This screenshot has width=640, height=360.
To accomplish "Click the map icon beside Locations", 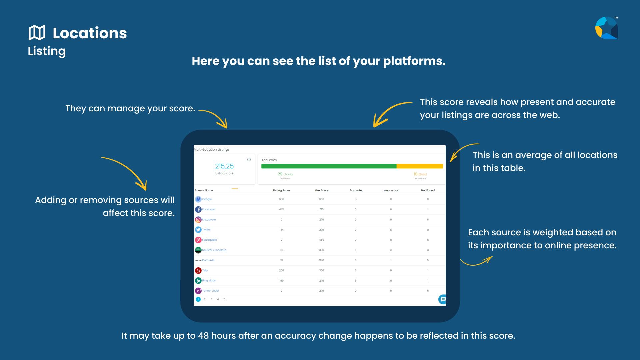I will (x=37, y=33).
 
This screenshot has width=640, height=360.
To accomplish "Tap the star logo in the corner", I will (x=606, y=28).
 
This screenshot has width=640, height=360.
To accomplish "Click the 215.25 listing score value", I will (x=224, y=166).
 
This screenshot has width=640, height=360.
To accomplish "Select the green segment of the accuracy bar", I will (x=329, y=166).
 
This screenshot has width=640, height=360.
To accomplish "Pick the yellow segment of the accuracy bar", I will (x=420, y=166).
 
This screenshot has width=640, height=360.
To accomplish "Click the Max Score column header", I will (x=321, y=190).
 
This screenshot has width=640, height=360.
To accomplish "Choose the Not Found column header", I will (x=428, y=190).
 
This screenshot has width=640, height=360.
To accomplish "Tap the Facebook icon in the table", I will (x=198, y=209).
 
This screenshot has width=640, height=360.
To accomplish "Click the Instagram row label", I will (x=209, y=220).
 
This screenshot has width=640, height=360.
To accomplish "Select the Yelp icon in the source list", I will (x=198, y=270).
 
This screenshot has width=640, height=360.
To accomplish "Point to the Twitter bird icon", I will (x=198, y=230).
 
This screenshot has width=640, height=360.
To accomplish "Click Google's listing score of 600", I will (x=281, y=199).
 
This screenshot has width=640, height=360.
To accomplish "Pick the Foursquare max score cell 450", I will (x=321, y=240).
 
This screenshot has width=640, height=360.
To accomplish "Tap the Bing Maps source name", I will (x=209, y=281).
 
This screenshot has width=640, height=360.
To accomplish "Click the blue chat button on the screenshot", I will (x=442, y=299).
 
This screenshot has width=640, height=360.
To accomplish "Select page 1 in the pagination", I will (x=198, y=299).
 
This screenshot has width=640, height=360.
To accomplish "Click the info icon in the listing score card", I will (x=249, y=160).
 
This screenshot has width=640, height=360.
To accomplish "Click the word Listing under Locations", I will (x=47, y=51).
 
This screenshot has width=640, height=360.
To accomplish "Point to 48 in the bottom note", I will (x=203, y=336).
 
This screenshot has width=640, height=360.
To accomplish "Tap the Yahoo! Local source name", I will (x=210, y=291).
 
